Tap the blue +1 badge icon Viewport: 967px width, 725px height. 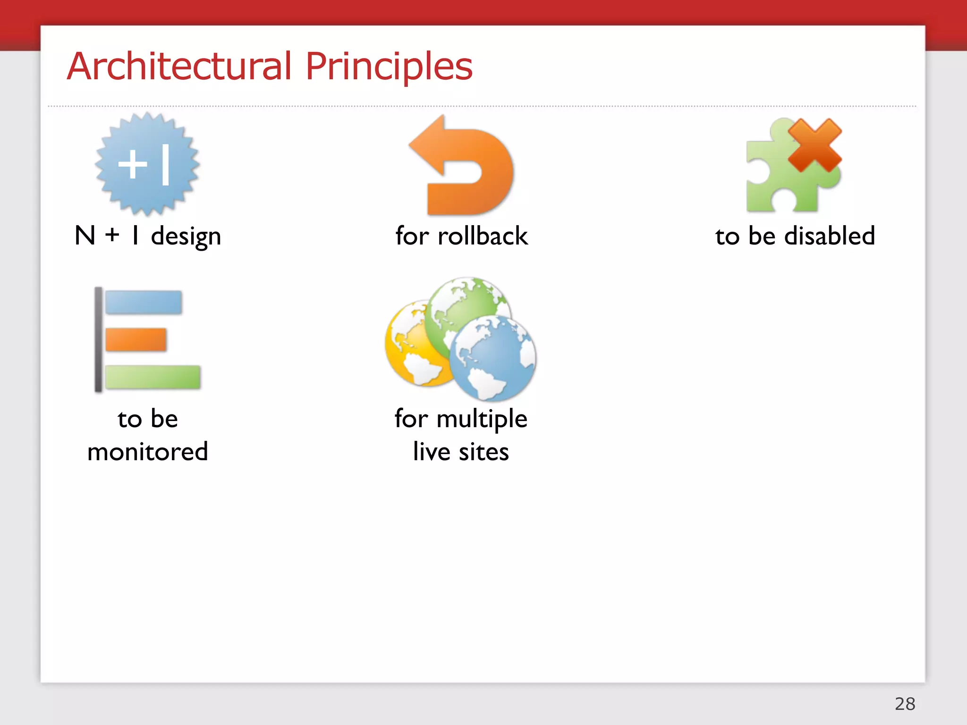point(147,164)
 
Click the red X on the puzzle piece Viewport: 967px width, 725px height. point(815,145)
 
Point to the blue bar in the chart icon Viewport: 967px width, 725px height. point(143,302)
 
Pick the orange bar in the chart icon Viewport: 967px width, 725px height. point(136,339)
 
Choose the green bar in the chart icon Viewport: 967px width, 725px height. point(153,377)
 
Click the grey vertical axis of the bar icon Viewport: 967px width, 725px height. point(98,339)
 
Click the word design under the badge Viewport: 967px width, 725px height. point(186,236)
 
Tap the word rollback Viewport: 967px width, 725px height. point(483,236)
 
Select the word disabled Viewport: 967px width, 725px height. point(830,236)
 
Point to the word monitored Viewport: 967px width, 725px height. point(148,452)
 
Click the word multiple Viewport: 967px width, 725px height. point(482,419)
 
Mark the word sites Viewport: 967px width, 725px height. point(483,452)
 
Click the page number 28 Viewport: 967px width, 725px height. point(905,704)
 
